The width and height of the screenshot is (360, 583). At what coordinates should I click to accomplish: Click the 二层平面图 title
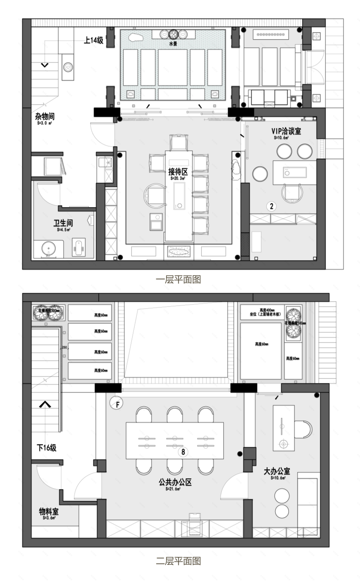pyautogui.click(x=178, y=561)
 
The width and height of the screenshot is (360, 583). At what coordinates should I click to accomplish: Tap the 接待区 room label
pyautogui.click(x=178, y=172)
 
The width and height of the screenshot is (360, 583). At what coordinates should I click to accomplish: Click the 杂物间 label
pyautogui.click(x=45, y=117)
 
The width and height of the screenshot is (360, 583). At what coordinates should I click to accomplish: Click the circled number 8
pyautogui.click(x=183, y=452)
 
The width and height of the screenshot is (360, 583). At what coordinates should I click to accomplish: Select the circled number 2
pyautogui.click(x=270, y=206)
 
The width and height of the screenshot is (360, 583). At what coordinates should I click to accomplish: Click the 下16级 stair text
pyautogui.click(x=47, y=448)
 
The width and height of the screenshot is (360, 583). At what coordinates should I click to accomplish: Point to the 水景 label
pyautogui.click(x=173, y=43)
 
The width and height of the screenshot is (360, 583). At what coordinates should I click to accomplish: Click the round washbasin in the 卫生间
pyautogui.click(x=48, y=249)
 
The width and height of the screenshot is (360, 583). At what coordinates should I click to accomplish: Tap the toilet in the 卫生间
pyautogui.click(x=79, y=247)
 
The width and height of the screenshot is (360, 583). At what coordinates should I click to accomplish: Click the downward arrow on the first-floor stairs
pyautogui.click(x=45, y=65)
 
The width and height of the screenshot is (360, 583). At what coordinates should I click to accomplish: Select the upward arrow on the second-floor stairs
pyautogui.click(x=45, y=404)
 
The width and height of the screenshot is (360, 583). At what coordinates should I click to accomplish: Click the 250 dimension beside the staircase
pyautogui.click(x=64, y=347)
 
